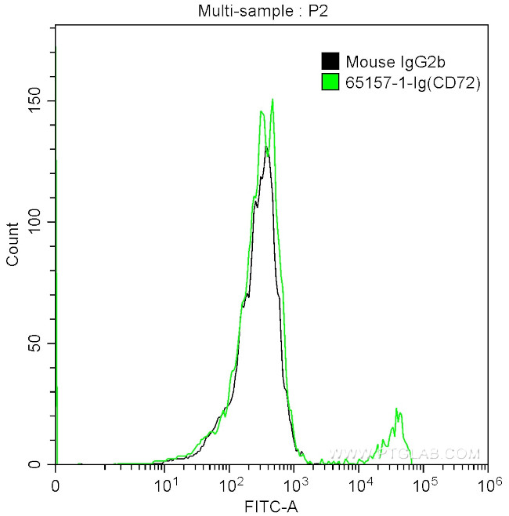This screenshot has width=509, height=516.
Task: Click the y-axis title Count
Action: [13, 244]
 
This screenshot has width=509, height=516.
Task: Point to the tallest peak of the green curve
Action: [272, 100]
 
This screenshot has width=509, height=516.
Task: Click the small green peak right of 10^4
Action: [397, 410]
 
